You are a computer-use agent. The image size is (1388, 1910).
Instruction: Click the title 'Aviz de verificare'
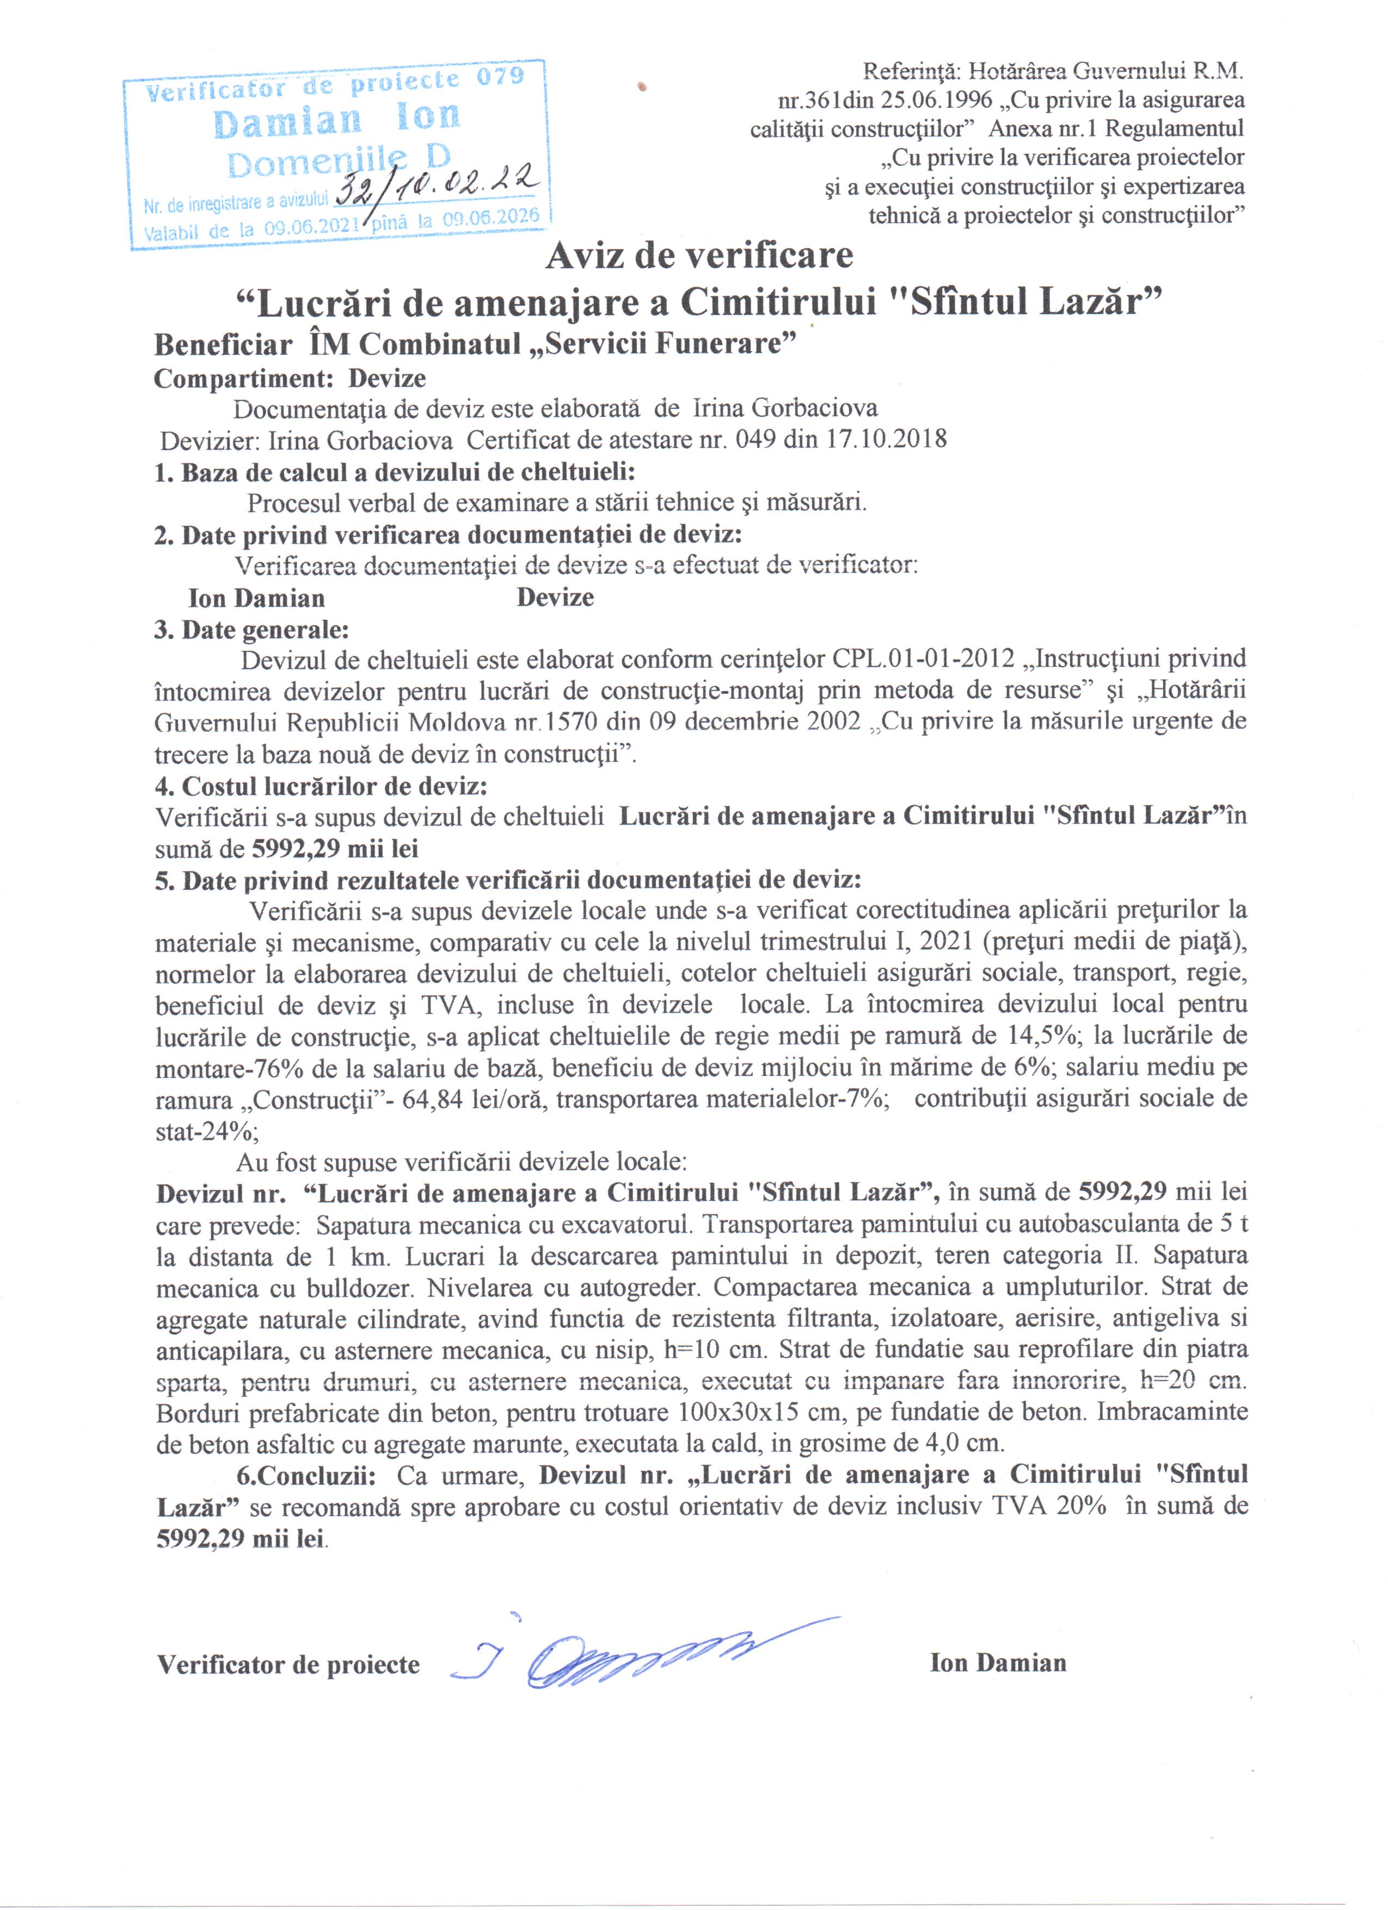coord(699,256)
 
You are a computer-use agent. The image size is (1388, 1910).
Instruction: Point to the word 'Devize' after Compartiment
coord(388,378)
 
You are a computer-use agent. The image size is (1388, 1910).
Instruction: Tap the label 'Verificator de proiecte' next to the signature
coord(288,1665)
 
